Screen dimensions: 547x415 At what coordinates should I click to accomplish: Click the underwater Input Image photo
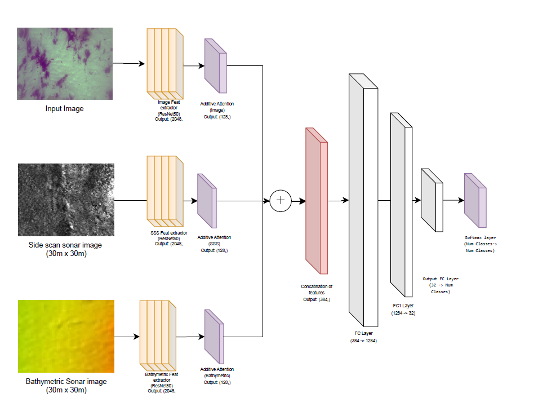[x=65, y=64]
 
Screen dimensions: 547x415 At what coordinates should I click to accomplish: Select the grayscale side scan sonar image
[x=66, y=200]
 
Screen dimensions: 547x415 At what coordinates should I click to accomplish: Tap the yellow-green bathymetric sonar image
[x=66, y=336]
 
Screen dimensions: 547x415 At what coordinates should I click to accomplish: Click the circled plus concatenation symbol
[x=281, y=201]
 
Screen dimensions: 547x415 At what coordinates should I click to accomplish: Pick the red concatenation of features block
[x=317, y=201]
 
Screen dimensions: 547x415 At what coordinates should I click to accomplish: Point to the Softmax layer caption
[x=480, y=244]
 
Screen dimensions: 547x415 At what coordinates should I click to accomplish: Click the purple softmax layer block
[x=475, y=200]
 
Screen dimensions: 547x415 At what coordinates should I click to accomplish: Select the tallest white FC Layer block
[x=363, y=200]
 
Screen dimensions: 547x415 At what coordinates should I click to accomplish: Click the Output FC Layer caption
[x=441, y=285]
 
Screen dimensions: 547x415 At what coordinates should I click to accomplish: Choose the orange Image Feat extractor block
[x=165, y=64]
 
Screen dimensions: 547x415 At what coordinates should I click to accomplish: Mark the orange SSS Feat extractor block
[x=165, y=191]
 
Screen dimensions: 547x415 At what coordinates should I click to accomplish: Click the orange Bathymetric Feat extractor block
[x=158, y=335]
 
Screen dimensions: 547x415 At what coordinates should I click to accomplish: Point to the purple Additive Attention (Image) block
[x=216, y=65]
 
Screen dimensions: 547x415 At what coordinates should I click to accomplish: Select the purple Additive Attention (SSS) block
[x=207, y=201]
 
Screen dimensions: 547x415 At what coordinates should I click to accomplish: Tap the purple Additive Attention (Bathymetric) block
[x=214, y=337]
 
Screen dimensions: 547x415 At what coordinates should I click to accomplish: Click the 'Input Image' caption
[x=65, y=109]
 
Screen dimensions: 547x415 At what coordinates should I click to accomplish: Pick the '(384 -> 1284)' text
[x=363, y=341]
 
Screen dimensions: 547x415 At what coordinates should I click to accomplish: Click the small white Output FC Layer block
[x=432, y=200]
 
